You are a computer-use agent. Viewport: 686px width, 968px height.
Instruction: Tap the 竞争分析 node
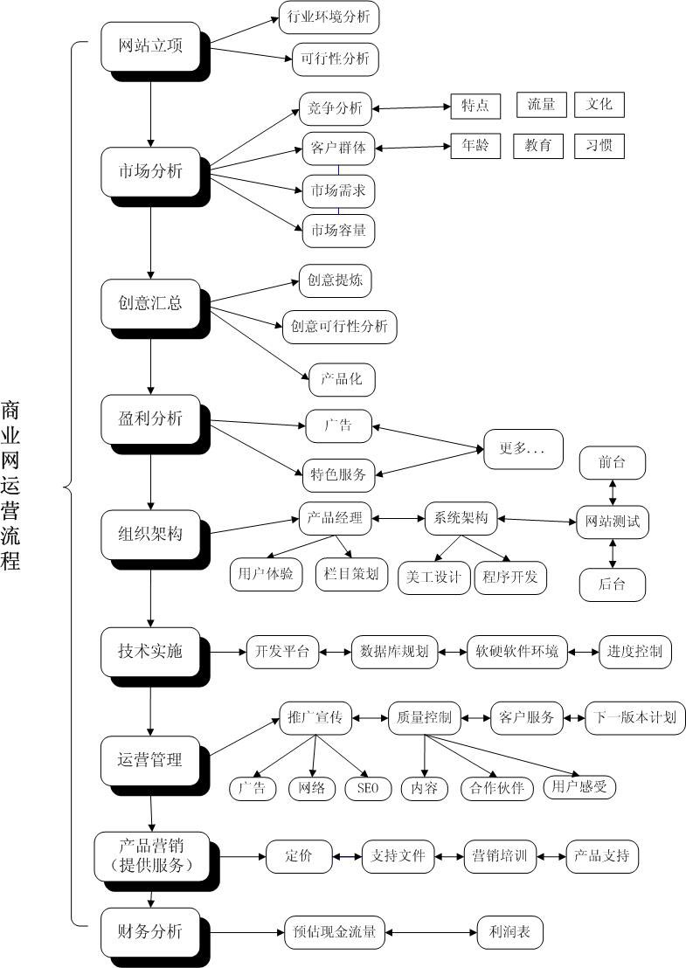(x=336, y=109)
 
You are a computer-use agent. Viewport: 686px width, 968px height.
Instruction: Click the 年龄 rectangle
(x=475, y=146)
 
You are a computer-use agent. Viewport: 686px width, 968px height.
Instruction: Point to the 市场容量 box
(x=338, y=232)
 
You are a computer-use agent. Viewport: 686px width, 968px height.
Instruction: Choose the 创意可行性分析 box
(x=339, y=326)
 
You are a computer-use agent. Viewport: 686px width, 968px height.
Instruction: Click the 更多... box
(x=523, y=449)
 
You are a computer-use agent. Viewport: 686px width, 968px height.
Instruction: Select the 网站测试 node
(x=613, y=522)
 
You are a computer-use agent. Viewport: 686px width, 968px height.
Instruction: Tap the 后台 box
(x=612, y=584)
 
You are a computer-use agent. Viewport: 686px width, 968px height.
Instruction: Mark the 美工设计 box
(x=434, y=577)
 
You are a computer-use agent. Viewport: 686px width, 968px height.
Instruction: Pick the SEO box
(x=368, y=787)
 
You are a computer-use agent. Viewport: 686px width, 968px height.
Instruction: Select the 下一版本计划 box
(x=635, y=717)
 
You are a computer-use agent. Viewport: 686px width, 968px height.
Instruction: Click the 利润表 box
(x=510, y=932)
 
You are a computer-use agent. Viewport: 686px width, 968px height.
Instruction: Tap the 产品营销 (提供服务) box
(x=151, y=856)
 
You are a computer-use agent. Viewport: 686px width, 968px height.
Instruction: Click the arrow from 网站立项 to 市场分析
(x=151, y=109)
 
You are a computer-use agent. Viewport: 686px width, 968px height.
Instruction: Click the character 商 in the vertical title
(x=11, y=410)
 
